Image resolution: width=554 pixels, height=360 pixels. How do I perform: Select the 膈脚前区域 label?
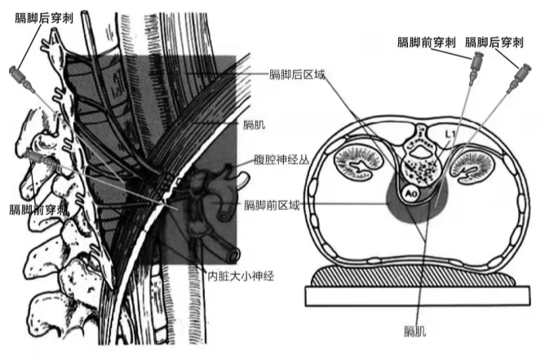tap(272, 205)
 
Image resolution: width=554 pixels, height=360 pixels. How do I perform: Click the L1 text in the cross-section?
tap(449, 133)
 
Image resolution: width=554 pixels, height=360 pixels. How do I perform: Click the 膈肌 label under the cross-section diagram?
tap(416, 332)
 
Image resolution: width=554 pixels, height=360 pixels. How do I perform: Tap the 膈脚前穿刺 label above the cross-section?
tap(425, 41)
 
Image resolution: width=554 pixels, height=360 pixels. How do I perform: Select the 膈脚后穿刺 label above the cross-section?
tap(494, 41)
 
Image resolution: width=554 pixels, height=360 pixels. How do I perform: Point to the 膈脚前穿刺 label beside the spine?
tap(38, 210)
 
